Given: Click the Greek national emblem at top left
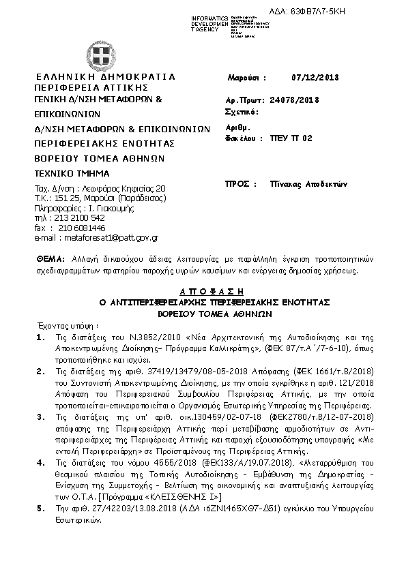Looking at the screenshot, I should click(102, 55).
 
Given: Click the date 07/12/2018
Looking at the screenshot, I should click(315, 78).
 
